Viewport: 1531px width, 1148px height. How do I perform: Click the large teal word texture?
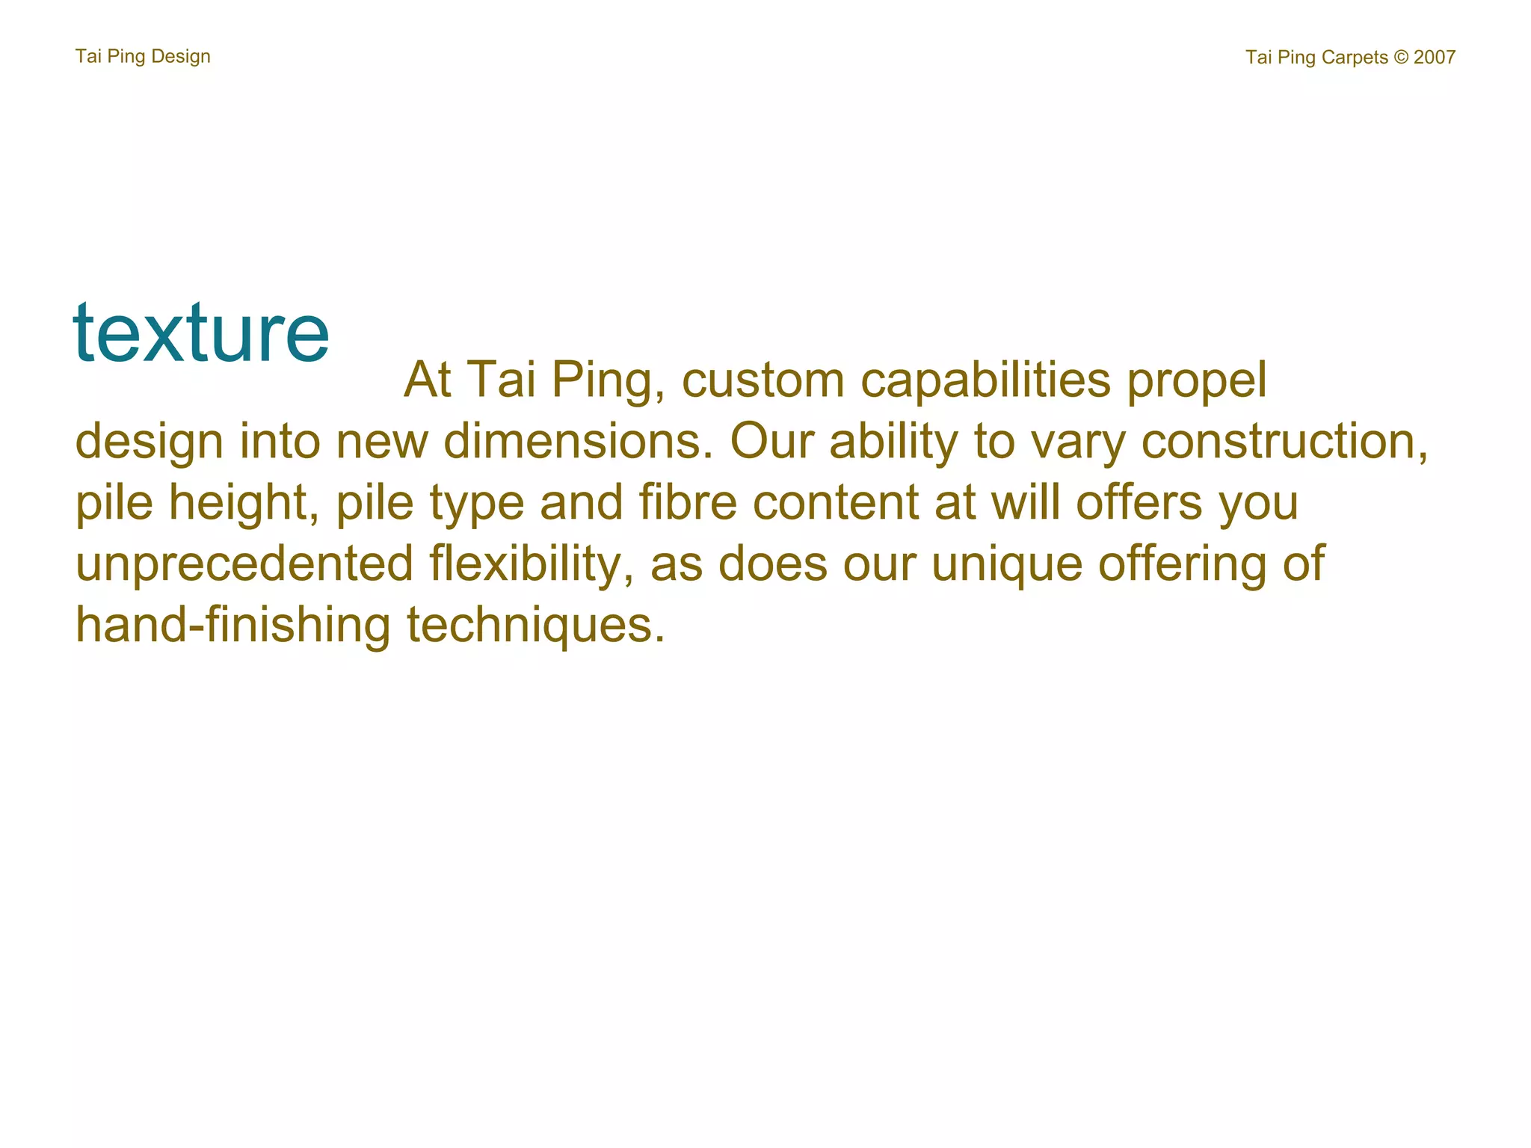[x=200, y=333]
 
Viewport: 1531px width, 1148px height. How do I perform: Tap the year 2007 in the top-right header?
[x=1434, y=58]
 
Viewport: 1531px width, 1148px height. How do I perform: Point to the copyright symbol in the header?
[x=1401, y=58]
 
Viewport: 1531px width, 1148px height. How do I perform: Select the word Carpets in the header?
[x=1354, y=58]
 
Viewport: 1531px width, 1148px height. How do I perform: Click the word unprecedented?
[x=244, y=564]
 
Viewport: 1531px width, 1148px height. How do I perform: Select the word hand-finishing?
[x=232, y=625]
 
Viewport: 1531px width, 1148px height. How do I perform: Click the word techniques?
[x=535, y=626]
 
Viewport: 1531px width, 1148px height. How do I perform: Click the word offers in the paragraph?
[x=1139, y=502]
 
